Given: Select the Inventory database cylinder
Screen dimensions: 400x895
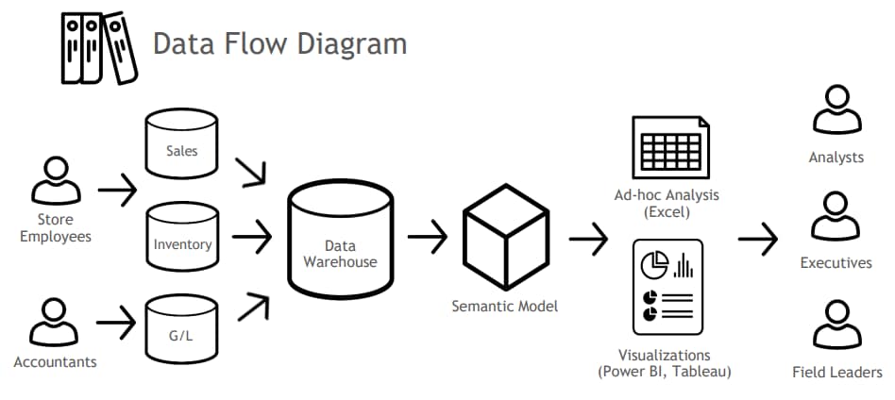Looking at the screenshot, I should coord(181,240).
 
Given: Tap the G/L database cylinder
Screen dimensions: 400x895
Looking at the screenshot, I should coord(181,330).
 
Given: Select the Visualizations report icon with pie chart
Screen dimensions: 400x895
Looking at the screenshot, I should coord(667,289).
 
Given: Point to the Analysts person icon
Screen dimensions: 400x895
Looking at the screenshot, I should coord(836,112).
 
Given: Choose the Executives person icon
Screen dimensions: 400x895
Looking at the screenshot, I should coord(836,218).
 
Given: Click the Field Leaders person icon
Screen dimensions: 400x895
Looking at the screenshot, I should coord(836,325).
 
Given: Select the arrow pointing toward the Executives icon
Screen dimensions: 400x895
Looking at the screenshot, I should coord(757,240).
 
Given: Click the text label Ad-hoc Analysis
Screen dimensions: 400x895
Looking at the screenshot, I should coord(667,195).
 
